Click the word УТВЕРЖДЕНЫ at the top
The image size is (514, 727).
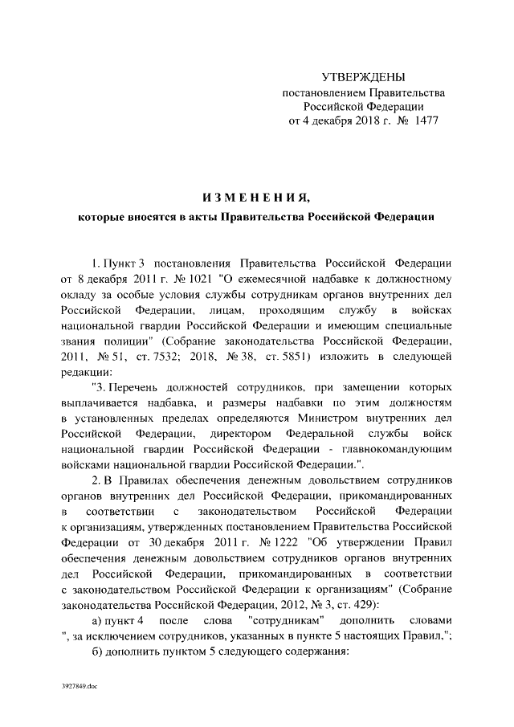363,77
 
